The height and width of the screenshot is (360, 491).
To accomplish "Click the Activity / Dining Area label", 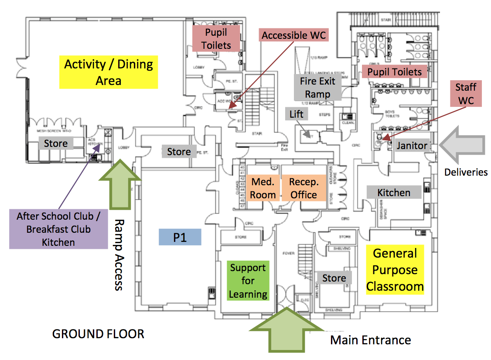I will (x=109, y=72).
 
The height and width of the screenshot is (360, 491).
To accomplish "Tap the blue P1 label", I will (x=180, y=237).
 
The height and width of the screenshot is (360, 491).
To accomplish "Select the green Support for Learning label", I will (x=248, y=281).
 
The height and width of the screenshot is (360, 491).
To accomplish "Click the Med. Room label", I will (x=263, y=188).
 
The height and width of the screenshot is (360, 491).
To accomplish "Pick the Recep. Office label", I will (x=303, y=188).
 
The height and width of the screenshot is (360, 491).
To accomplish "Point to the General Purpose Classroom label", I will (x=395, y=270).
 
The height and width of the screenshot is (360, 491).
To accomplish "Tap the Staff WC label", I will (x=465, y=94).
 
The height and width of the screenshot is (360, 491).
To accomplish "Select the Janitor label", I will (x=412, y=145).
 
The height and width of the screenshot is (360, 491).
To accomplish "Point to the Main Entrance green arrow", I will (x=286, y=329).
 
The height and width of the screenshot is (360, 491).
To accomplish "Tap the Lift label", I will (x=296, y=114).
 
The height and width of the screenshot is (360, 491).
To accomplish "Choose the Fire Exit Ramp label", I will (x=317, y=87).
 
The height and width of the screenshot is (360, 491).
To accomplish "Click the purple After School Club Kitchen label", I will (x=58, y=229).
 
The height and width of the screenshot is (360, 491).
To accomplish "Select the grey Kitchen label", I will (x=394, y=192).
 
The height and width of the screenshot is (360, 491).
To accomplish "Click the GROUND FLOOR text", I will (x=98, y=334).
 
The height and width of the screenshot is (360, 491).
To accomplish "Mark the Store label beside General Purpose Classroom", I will (x=334, y=278).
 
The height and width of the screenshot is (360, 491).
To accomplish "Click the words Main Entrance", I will (x=370, y=340).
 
